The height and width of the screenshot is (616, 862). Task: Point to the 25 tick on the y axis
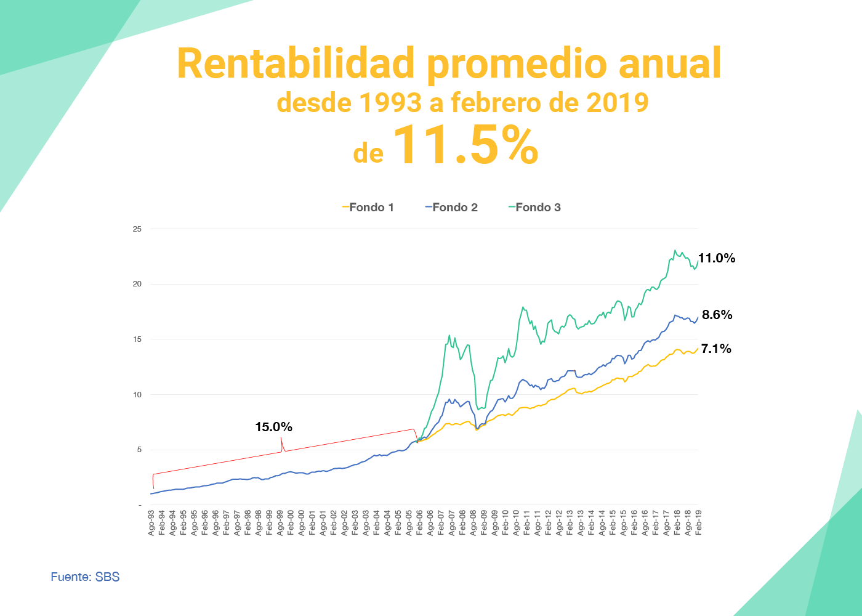(137, 229)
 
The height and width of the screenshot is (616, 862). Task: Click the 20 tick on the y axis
(137, 284)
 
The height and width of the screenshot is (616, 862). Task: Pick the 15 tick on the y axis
(137, 339)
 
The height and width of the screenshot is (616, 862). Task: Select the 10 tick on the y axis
(137, 395)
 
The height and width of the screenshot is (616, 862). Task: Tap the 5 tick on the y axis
(139, 450)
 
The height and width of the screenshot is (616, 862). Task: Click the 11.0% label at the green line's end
(717, 259)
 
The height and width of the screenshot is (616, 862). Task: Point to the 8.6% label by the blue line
(717, 315)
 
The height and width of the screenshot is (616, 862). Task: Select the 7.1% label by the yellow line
(716, 349)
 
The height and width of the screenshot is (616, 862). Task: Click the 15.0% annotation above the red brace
(273, 427)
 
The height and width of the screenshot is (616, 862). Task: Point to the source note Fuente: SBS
(85, 577)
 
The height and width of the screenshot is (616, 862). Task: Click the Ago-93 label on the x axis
(151, 522)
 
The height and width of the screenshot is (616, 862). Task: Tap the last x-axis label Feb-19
(698, 522)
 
